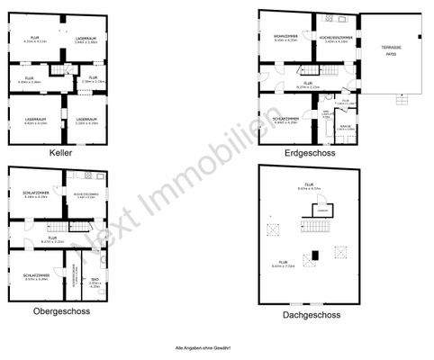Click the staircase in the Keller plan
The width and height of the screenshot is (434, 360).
(x=60, y=73)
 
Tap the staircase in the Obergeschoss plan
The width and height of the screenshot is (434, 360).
(x=59, y=231)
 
